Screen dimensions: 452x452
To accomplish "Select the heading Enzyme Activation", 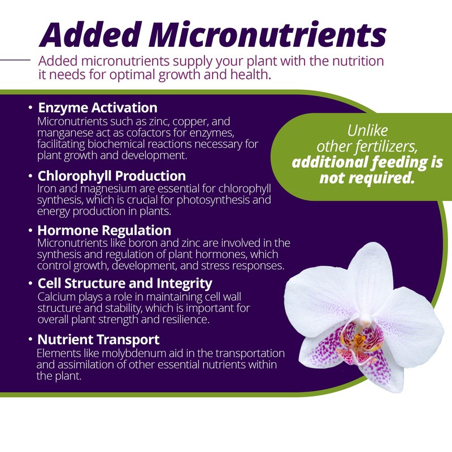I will pyautogui.click(x=97, y=107).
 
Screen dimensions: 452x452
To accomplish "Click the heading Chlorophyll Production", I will pyautogui.click(x=111, y=176).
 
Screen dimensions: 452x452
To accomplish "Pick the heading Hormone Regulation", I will pyautogui.click(x=104, y=230).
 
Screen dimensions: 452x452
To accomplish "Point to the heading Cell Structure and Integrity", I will pyautogui.click(x=125, y=282).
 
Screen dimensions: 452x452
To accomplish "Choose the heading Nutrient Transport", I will pyautogui.click(x=98, y=340).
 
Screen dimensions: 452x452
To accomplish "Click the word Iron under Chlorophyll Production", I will pyautogui.click(x=46, y=190).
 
